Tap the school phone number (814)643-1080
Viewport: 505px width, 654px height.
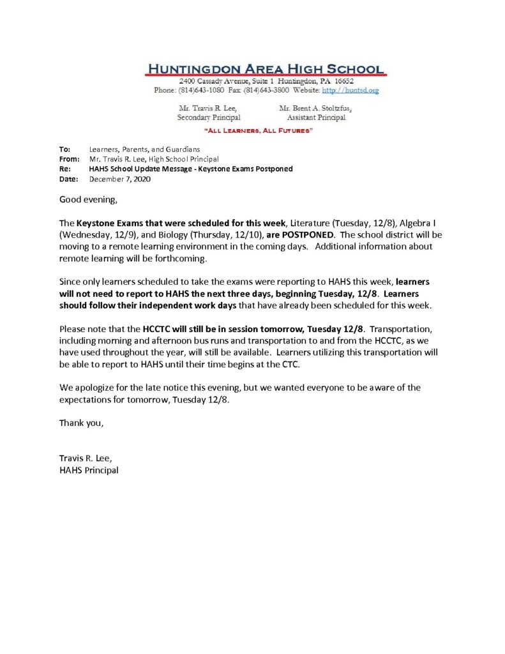[203, 91]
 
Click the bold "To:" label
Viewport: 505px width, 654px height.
[65, 149]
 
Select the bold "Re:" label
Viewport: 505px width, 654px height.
[64, 169]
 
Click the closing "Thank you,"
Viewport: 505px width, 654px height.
[81, 423]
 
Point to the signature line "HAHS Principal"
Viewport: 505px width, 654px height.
[89, 470]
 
